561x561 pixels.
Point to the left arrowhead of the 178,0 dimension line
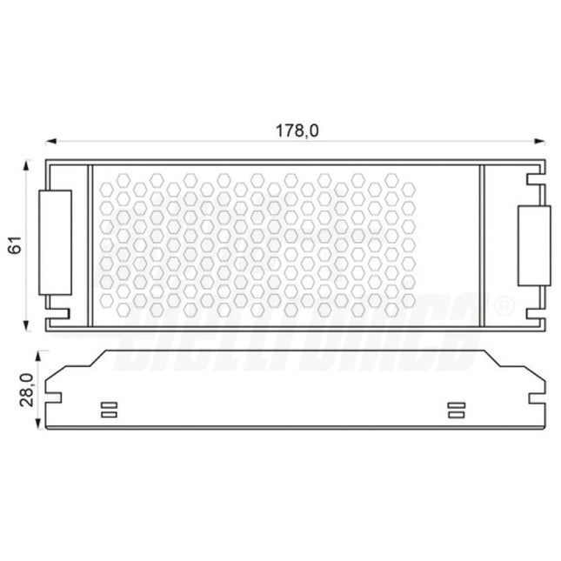(50, 139)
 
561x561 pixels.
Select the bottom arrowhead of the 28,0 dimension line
(39, 425)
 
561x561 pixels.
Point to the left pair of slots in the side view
(110, 410)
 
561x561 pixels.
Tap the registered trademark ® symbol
(504, 306)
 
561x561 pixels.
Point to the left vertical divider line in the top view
(90, 245)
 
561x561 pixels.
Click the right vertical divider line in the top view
(484, 245)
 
